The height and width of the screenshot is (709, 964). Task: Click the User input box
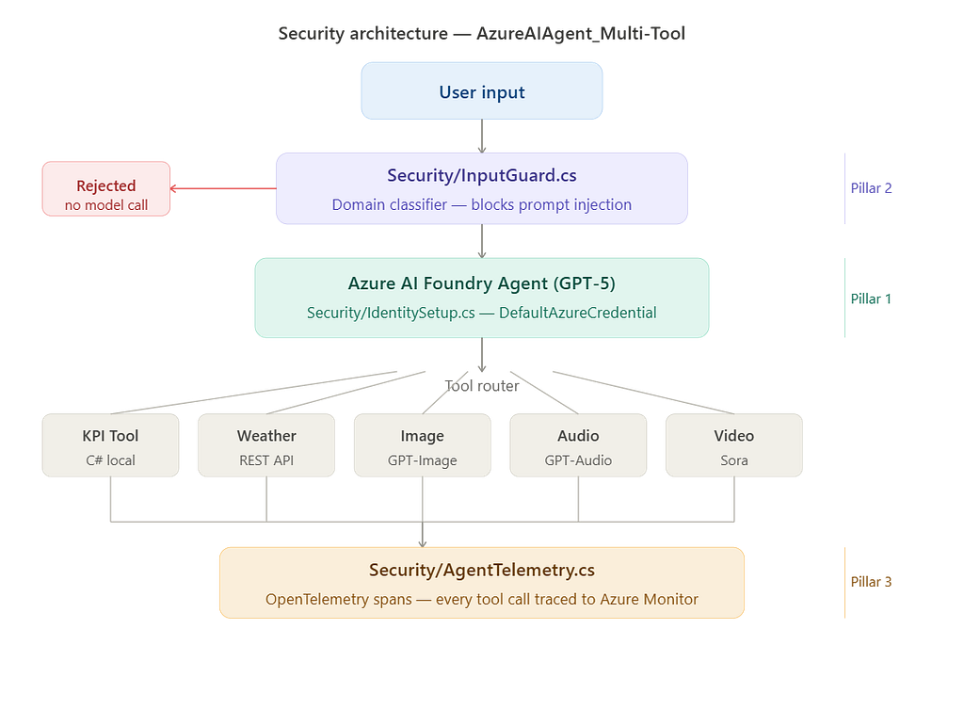click(x=481, y=91)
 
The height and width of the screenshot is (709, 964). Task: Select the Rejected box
click(x=106, y=188)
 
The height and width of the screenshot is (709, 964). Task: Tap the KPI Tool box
click(x=111, y=445)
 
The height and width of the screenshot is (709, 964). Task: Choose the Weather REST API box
click(x=266, y=445)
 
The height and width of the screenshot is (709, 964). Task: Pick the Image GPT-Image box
click(x=423, y=445)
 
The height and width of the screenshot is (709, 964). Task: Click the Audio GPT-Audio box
click(x=578, y=445)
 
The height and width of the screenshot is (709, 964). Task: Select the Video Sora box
click(x=734, y=445)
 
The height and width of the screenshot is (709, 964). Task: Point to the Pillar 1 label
click(x=871, y=298)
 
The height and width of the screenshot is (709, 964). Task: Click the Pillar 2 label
click(x=871, y=188)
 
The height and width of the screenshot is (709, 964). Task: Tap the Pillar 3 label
click(x=871, y=582)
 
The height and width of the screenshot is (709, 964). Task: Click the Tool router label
click(x=482, y=385)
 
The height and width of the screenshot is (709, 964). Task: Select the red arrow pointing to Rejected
click(x=223, y=188)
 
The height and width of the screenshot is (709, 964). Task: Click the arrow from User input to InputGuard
click(x=482, y=136)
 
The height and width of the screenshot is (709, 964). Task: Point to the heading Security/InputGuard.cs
click(x=482, y=175)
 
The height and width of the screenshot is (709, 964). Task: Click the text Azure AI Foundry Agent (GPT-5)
click(x=482, y=282)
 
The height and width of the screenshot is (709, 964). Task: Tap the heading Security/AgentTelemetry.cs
click(x=482, y=570)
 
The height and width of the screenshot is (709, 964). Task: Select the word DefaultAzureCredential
click(x=578, y=313)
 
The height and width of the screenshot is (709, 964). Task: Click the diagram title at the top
click(x=482, y=33)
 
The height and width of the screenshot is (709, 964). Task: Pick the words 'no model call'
click(x=106, y=204)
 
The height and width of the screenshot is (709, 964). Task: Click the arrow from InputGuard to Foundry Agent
click(x=482, y=241)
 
